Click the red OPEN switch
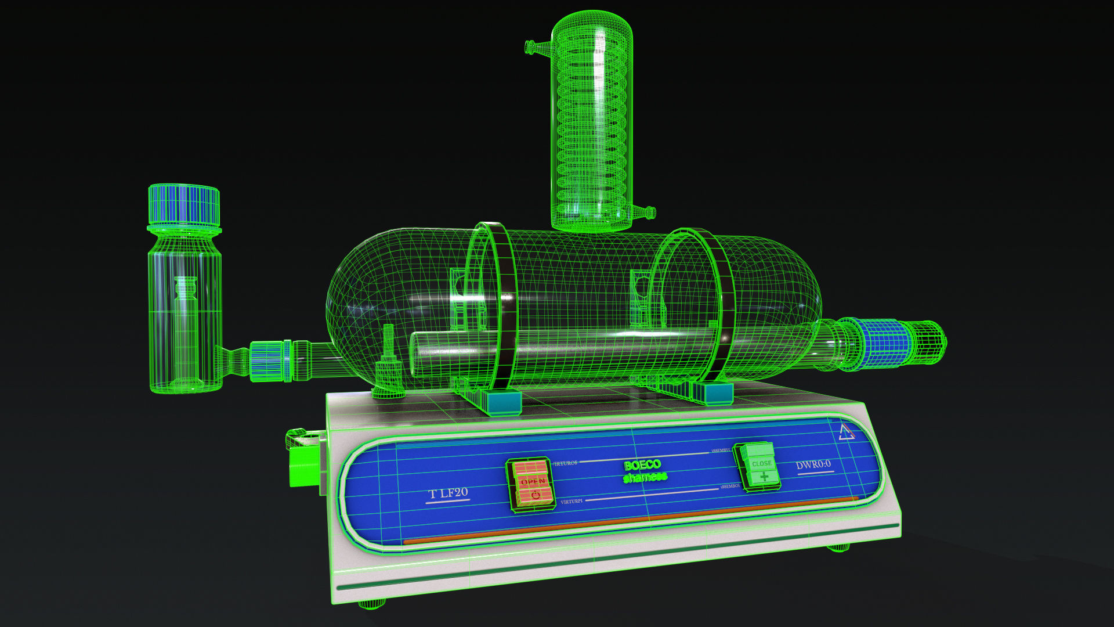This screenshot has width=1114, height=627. pyautogui.click(x=530, y=483)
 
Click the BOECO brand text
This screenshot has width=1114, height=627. pyautogui.click(x=642, y=465)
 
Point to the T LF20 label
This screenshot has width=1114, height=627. pyautogui.click(x=448, y=493)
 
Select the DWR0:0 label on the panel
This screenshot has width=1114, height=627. pyautogui.click(x=813, y=464)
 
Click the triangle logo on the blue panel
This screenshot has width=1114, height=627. pyautogui.click(x=846, y=433)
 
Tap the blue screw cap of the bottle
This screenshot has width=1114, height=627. pyautogui.click(x=184, y=204)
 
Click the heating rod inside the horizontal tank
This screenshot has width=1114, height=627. pyautogui.click(x=522, y=348)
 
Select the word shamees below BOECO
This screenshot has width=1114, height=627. pyautogui.click(x=645, y=477)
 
